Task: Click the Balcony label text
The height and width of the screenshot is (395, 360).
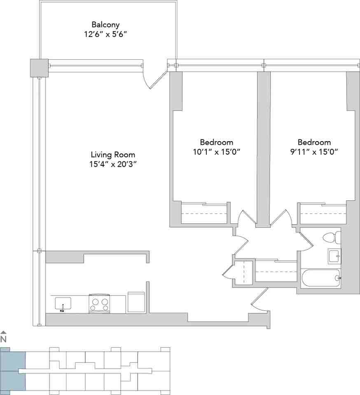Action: point(105,25)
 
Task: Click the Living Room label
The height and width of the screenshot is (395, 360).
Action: point(113,155)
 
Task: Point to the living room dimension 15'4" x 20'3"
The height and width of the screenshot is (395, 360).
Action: point(113,165)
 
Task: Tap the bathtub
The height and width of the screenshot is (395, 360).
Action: point(321,279)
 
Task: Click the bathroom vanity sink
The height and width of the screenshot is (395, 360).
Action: point(334,256)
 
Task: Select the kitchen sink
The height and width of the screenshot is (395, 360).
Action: point(63,304)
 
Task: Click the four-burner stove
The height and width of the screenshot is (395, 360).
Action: point(99,304)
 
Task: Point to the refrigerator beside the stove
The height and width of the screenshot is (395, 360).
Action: point(136,302)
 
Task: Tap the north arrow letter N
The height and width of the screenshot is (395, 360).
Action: point(4,339)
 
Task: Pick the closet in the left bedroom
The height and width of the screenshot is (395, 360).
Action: point(204,214)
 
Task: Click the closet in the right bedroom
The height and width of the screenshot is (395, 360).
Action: point(323,214)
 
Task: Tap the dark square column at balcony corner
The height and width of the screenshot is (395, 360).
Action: point(39,67)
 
